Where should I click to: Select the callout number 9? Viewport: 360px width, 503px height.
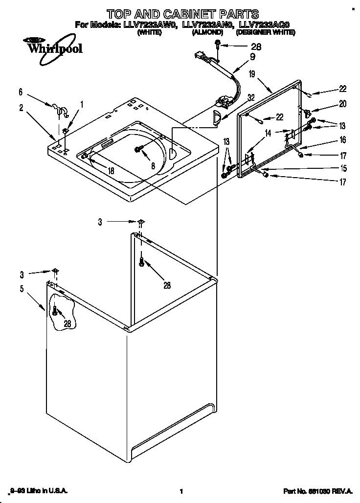[x=252, y=56]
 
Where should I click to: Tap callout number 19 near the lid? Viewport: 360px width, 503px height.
[x=251, y=74]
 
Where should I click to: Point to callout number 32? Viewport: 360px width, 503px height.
[x=251, y=97]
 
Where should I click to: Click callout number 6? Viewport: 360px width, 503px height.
[x=21, y=91]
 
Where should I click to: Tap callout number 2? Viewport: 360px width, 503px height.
[x=21, y=108]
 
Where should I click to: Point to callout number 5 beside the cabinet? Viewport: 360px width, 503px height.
[x=22, y=289]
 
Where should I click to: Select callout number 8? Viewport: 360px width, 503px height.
[x=153, y=166]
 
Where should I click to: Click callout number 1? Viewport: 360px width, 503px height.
[x=82, y=104]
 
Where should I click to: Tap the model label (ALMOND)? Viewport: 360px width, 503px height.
[x=207, y=32]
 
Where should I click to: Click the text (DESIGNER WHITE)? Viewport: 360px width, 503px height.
[x=265, y=32]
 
